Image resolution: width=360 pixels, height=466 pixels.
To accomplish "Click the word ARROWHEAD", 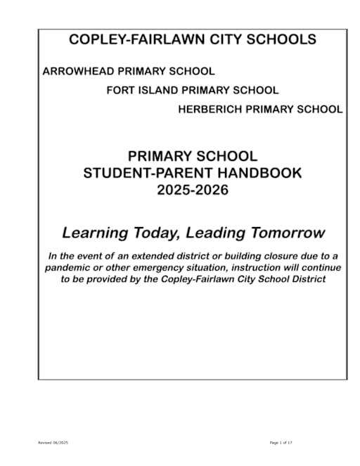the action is (72, 72).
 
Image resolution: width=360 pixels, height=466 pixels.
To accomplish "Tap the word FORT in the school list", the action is (120, 91).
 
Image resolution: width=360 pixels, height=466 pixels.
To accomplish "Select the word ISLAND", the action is (157, 91).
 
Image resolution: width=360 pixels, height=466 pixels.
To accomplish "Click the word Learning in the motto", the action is (94, 232).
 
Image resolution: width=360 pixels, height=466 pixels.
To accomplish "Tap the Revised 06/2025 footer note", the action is (53, 442).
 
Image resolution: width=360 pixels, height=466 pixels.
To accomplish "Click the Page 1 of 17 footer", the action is (281, 442).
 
